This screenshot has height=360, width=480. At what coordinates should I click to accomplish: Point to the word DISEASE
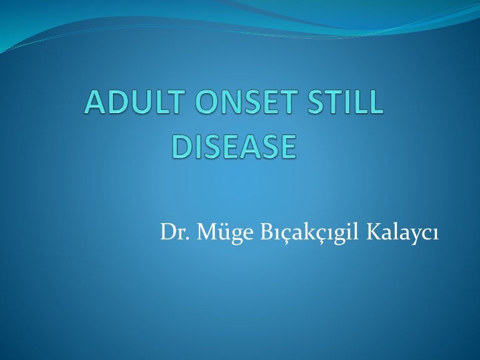tap(233, 147)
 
